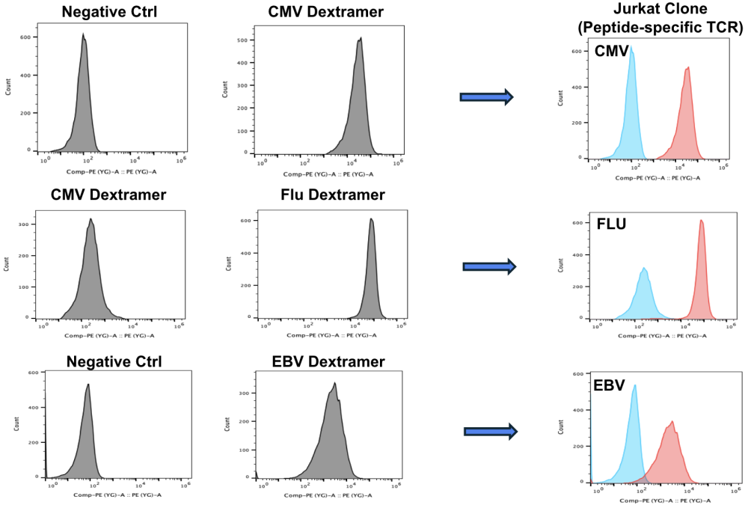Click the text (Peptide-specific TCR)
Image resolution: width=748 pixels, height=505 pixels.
[654, 29]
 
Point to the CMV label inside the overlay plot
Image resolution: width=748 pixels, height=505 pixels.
[611, 53]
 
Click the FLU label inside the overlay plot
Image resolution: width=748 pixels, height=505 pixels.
[611, 224]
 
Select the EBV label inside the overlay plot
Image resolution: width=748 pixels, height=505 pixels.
[610, 387]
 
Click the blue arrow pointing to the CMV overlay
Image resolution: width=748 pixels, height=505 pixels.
[486, 97]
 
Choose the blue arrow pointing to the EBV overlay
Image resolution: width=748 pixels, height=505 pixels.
[491, 431]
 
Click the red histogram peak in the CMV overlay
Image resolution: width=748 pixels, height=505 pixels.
[687, 70]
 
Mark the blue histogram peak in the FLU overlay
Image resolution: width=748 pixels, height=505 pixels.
[643, 269]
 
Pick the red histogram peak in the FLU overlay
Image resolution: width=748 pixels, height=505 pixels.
[701, 221]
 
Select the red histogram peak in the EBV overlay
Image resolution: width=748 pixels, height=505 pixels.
[672, 423]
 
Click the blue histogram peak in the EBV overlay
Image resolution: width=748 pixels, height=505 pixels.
[635, 387]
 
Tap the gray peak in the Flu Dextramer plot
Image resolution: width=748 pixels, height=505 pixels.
[371, 220]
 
